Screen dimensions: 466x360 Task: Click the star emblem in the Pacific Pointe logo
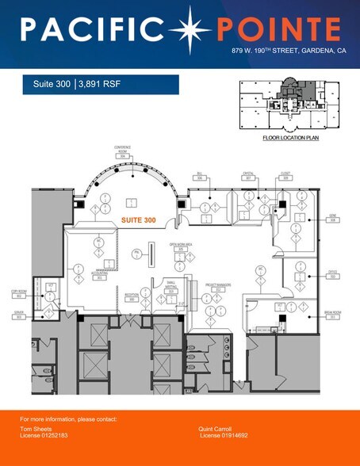pos(197,29)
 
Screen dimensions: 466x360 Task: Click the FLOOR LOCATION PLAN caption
pos(289,137)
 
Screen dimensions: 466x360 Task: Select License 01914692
pos(225,435)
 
